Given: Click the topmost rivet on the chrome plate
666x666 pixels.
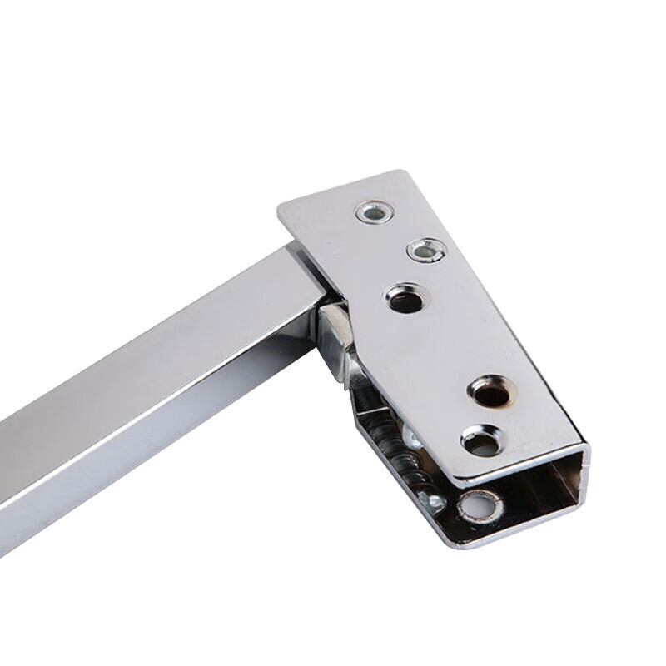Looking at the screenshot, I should [375, 212].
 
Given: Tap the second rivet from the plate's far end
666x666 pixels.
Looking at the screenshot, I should [425, 250].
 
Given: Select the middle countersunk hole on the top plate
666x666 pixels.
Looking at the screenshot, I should [405, 299].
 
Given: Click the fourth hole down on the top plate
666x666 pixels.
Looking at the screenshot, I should [491, 391].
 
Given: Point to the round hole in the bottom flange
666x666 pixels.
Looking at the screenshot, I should [480, 505].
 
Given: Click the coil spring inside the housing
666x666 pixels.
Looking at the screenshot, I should [391, 441].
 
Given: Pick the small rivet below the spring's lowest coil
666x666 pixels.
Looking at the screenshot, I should [433, 500].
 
